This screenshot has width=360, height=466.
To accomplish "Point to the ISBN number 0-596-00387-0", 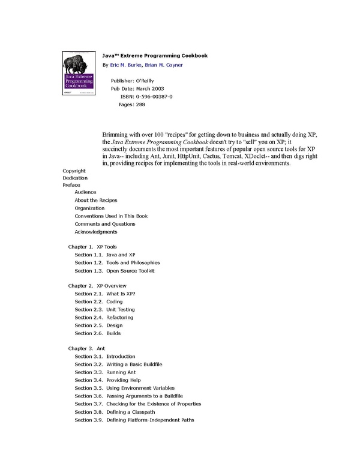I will [155, 96].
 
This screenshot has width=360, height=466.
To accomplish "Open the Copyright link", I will [74, 171].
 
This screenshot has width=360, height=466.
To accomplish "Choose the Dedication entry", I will [75, 178].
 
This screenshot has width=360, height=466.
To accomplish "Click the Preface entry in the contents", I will [71, 185].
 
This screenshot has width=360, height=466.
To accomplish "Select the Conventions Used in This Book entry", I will [111, 216].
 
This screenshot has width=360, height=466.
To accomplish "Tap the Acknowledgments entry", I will [96, 232].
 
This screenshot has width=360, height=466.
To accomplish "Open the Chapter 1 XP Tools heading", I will [92, 247].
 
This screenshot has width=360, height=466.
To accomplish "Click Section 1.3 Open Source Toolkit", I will [114, 270].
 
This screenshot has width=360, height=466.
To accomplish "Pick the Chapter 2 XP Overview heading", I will [97, 286].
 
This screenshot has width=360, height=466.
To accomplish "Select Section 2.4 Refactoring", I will [104, 317].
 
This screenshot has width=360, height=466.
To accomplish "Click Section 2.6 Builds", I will [101, 333].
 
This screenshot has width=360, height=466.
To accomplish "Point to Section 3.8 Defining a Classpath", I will [114, 412].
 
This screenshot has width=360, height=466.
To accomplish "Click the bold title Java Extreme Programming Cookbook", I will [155, 55].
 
